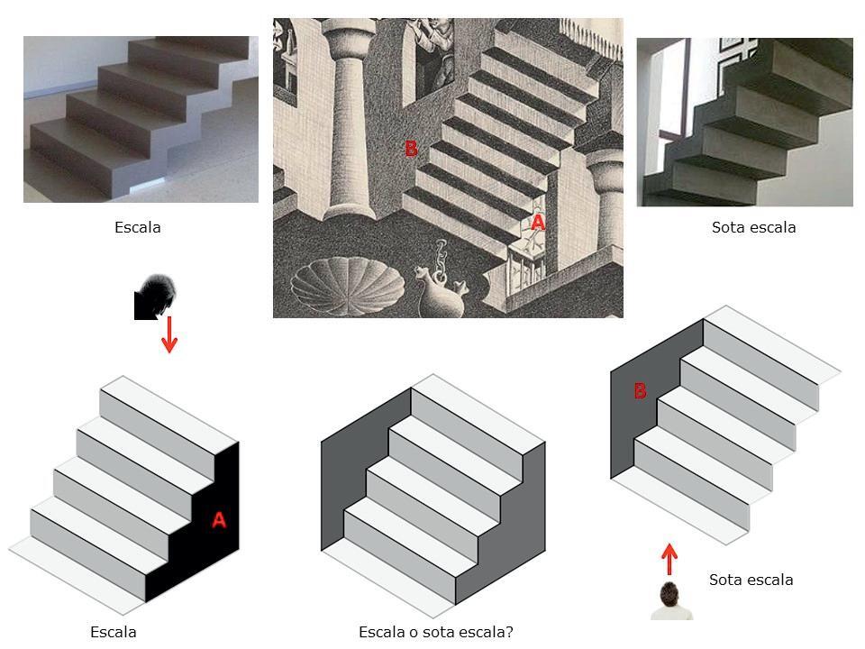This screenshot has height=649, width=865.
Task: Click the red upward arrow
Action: tap(669, 559)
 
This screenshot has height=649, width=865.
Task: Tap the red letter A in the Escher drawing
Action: tap(537, 222)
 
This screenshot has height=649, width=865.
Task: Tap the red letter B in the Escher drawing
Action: tap(411, 149)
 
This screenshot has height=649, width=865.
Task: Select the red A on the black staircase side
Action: tap(218, 520)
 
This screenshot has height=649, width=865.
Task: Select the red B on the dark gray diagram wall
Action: tap(640, 390)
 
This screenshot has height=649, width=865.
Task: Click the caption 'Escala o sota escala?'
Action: tap(435, 632)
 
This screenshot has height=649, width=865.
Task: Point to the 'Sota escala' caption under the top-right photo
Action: tap(753, 227)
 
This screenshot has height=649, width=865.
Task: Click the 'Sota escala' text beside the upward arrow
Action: tap(751, 580)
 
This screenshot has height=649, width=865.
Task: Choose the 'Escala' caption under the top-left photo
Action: tap(138, 227)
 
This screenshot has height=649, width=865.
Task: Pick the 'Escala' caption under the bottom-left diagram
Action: tap(114, 632)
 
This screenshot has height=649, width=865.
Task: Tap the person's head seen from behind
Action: tap(669, 596)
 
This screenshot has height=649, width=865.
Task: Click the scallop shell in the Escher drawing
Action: tap(349, 287)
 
